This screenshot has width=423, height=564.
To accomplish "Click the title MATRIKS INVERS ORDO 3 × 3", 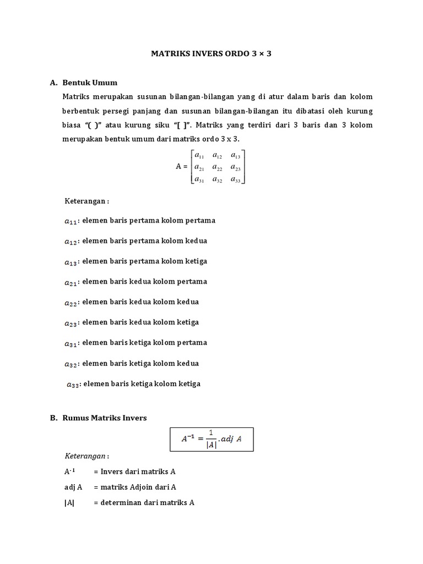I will point(211,55).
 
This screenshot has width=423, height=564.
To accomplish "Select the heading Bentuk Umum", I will point(90,83).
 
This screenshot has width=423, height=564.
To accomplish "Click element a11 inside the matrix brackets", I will point(199,155).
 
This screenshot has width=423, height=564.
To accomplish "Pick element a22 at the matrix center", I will point(217,167).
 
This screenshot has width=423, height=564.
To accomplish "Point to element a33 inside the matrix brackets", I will point(236,179).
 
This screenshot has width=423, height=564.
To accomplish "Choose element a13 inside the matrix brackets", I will point(236,155).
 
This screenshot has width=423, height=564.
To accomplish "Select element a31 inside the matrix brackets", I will point(199,179).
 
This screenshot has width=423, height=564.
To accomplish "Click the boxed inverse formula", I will point(211,440).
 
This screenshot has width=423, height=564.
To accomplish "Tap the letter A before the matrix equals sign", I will point(178,166).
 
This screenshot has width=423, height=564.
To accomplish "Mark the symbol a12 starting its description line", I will point(71,241).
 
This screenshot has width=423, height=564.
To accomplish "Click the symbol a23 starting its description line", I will point(71,323).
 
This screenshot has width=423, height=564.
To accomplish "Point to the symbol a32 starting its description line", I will point(71,364).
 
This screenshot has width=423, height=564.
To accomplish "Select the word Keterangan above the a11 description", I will point(86,201).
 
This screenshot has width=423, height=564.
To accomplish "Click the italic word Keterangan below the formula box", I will point(86,457).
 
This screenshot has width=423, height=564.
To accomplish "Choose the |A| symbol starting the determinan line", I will point(69,502).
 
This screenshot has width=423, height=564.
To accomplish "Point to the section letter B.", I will point(53,418).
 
